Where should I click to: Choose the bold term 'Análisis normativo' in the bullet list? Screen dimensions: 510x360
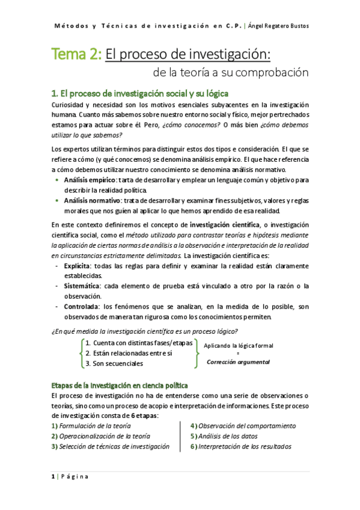point(93,200)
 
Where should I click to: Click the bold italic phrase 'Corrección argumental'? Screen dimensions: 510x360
point(238,362)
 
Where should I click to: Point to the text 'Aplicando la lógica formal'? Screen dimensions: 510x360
point(239,345)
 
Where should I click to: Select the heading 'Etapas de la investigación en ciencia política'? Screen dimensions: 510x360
point(120,385)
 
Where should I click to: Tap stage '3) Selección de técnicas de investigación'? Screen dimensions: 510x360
point(111,446)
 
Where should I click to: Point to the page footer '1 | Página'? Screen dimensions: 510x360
point(70,477)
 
